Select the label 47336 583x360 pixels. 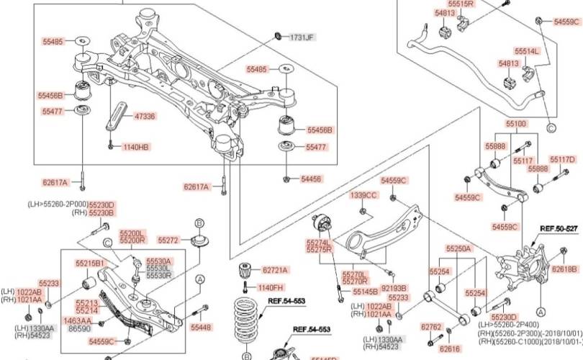pyautogui.click(x=145, y=116)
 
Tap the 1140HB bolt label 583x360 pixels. pyautogui.click(x=135, y=147)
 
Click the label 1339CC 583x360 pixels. pyautogui.click(x=363, y=195)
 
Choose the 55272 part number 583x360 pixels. pyautogui.click(x=168, y=240)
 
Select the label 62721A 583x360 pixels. pyautogui.click(x=275, y=270)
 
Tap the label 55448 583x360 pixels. pyautogui.click(x=201, y=327)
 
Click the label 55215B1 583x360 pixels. pyautogui.click(x=91, y=263)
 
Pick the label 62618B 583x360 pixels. pyautogui.click(x=564, y=269)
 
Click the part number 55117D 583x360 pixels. pyautogui.click(x=563, y=159)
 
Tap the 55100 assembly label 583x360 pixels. pyautogui.click(x=515, y=124)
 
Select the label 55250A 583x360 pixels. pyautogui.click(x=458, y=248)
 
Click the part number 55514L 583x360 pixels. pyautogui.click(x=527, y=51)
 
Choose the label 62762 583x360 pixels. pyautogui.click(x=430, y=326)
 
